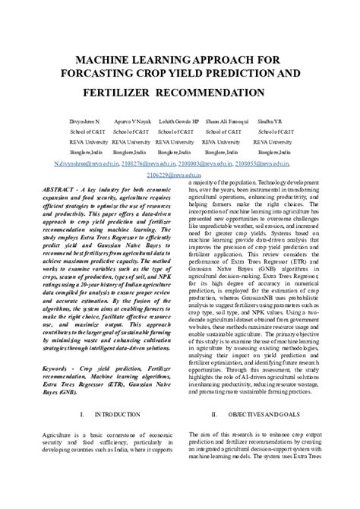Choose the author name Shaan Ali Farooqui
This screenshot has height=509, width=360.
(226, 122)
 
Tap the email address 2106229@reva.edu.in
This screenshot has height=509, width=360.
(179, 175)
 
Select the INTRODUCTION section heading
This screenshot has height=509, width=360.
(115, 415)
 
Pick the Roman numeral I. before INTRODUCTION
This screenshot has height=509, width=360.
(81, 415)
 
